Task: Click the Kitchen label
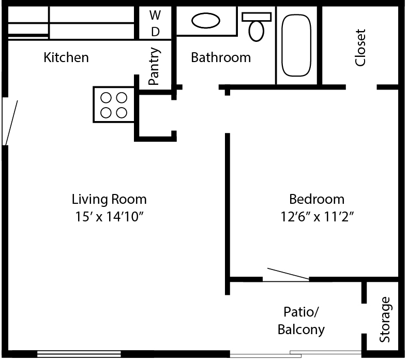66,57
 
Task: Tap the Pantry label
154,66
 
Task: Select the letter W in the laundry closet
155,15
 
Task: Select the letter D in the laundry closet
155,32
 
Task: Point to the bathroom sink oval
206,21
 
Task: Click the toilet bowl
256,31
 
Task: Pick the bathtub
296,45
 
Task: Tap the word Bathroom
221,57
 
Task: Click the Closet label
360,48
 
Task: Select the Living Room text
109,199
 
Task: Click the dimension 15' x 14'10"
109,217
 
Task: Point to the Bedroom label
317,199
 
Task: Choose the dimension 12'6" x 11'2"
317,217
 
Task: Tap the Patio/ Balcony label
301,321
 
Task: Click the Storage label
385,320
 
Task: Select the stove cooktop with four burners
114,105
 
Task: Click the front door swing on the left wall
11,123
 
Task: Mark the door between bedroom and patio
288,274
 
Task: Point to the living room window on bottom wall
79,354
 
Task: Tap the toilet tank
257,17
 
